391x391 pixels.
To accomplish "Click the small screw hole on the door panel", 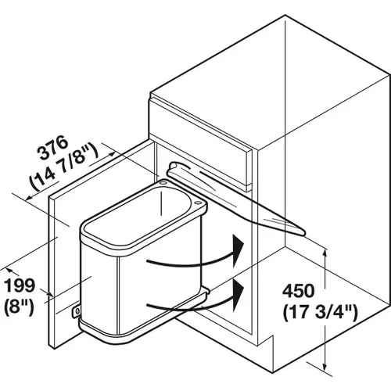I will pyautogui.click(x=77, y=312).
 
